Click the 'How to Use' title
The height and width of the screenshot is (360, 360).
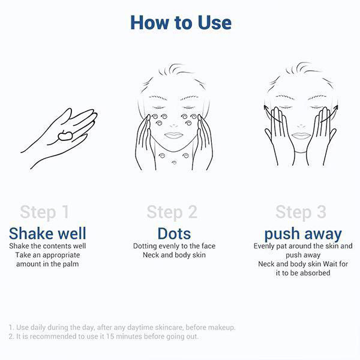pyautogui.click(x=181, y=23)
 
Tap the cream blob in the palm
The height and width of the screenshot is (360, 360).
pyautogui.click(x=65, y=136)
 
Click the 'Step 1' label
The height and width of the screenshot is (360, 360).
pyautogui.click(x=44, y=212)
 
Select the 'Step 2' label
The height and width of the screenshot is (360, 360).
pyautogui.click(x=172, y=212)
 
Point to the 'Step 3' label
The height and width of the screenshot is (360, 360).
pyautogui.click(x=301, y=212)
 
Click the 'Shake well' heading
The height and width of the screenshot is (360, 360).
pyautogui.click(x=47, y=233)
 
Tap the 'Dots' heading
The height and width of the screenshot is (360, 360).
pyautogui.click(x=174, y=234)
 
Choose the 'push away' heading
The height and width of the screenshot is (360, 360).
pyautogui.click(x=303, y=234)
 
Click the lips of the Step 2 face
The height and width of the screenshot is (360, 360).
pyautogui.click(x=174, y=135)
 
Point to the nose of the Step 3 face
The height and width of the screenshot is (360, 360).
pyautogui.click(x=301, y=126)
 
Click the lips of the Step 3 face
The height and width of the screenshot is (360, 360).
pyautogui.click(x=301, y=136)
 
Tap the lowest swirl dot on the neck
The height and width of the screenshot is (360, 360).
pyautogui.click(x=175, y=163)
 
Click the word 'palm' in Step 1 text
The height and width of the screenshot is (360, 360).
pyautogui.click(x=71, y=264)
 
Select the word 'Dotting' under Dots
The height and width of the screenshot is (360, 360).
pyautogui.click(x=145, y=247)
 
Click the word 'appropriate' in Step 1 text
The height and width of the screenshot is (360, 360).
pyautogui.click(x=61, y=256)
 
